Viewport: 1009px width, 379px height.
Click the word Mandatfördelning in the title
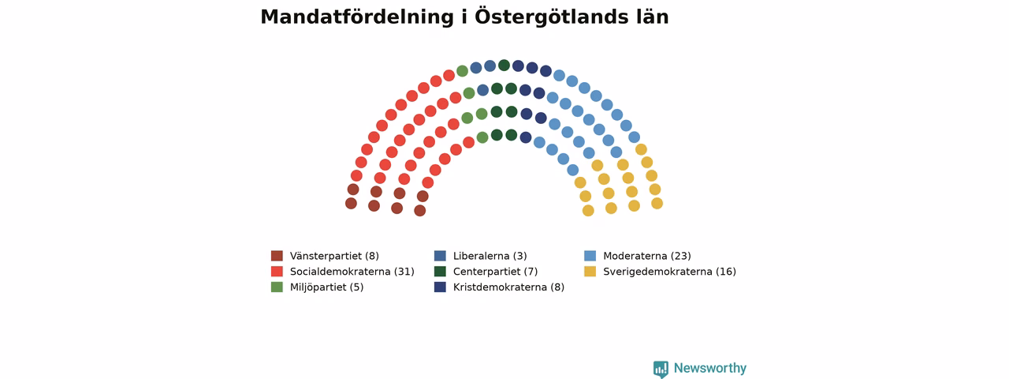pyautogui.click(x=357, y=17)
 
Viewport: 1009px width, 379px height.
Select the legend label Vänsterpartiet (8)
pyautogui.click(x=334, y=256)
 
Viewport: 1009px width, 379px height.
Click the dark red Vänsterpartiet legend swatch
pyautogui.click(x=277, y=256)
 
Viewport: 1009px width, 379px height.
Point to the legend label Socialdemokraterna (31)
pyautogui.click(x=352, y=272)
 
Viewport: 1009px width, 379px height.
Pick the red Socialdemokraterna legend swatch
pyautogui.click(x=277, y=272)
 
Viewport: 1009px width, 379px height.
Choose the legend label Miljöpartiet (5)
pyautogui.click(x=326, y=287)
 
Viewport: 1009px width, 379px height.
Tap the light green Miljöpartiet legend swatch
pyautogui.click(x=277, y=287)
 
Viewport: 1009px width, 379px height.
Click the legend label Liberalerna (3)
pyautogui.click(x=490, y=256)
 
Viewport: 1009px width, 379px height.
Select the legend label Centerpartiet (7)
pyautogui.click(x=495, y=272)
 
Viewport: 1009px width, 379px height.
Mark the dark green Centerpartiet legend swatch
pyautogui.click(x=440, y=272)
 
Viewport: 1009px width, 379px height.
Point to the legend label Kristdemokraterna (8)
pyautogui.click(x=508, y=287)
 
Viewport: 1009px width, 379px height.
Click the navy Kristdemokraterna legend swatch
pyautogui.click(x=440, y=287)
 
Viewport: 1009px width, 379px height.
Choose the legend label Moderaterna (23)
pyautogui.click(x=647, y=256)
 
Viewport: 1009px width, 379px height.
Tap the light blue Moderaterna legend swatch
pyautogui.click(x=590, y=256)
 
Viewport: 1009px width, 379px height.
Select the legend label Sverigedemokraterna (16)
pyautogui.click(x=669, y=272)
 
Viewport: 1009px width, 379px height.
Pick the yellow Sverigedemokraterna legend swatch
pyautogui.click(x=590, y=272)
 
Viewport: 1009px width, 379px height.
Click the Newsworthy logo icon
pyautogui.click(x=661, y=369)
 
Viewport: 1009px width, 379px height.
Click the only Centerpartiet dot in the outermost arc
pyautogui.click(x=504, y=65)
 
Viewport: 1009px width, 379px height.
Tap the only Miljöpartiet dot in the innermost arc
pyautogui.click(x=482, y=137)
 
